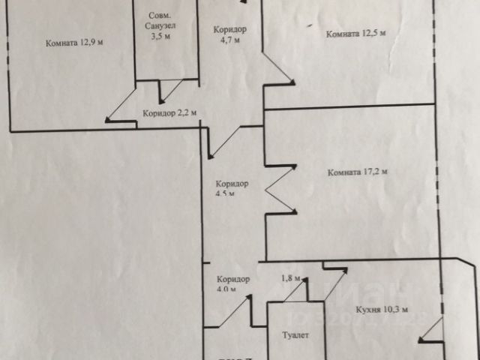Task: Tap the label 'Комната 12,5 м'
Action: pos(356,33)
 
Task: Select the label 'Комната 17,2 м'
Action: pos(357,172)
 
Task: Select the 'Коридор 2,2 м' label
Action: pos(169,113)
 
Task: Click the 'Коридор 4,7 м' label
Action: pos(229,34)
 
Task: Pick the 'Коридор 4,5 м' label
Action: pos(231,188)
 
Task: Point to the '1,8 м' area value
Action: pos(290,278)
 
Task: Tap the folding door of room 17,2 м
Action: pos(280,188)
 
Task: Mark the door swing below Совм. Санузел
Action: pos(172,90)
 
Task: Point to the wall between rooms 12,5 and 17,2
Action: pos(349,106)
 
